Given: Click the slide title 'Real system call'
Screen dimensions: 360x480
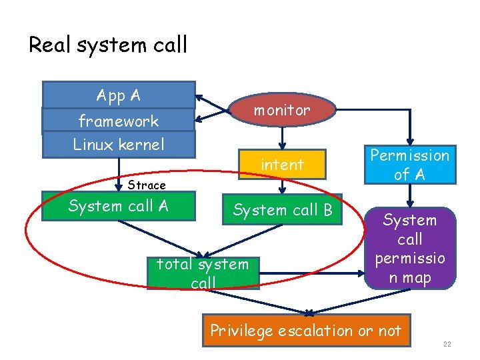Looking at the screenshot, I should coord(108,45).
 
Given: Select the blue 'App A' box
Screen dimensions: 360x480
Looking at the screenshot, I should coord(119,95).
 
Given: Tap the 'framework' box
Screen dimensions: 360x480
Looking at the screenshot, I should coord(119,121).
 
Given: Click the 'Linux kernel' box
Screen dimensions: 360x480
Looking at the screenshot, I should coord(119,144).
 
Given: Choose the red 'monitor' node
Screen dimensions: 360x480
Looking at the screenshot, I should coord(282,110).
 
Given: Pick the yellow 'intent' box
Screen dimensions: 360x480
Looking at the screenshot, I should coord(282,164).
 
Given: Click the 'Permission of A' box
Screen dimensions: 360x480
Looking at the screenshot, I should coord(409,165).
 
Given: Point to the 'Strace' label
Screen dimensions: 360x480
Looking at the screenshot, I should coord(147,185).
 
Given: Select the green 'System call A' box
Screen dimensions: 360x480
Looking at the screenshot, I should coord(119,207).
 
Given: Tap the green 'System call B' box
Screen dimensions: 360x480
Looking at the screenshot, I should coord(282,210).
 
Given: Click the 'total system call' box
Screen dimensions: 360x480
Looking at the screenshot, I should coord(203,273).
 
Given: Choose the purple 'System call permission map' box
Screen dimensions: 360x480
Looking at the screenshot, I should coord(409,248).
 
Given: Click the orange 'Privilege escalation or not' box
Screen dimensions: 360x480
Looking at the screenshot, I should coord(306,331).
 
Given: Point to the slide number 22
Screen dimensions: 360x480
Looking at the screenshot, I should coord(447,344).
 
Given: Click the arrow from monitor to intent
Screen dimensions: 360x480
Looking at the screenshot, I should coord(283,137).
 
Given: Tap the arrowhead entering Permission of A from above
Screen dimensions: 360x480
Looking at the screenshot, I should coord(409,141).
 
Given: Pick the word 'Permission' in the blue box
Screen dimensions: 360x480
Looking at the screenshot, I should coord(409,155).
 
